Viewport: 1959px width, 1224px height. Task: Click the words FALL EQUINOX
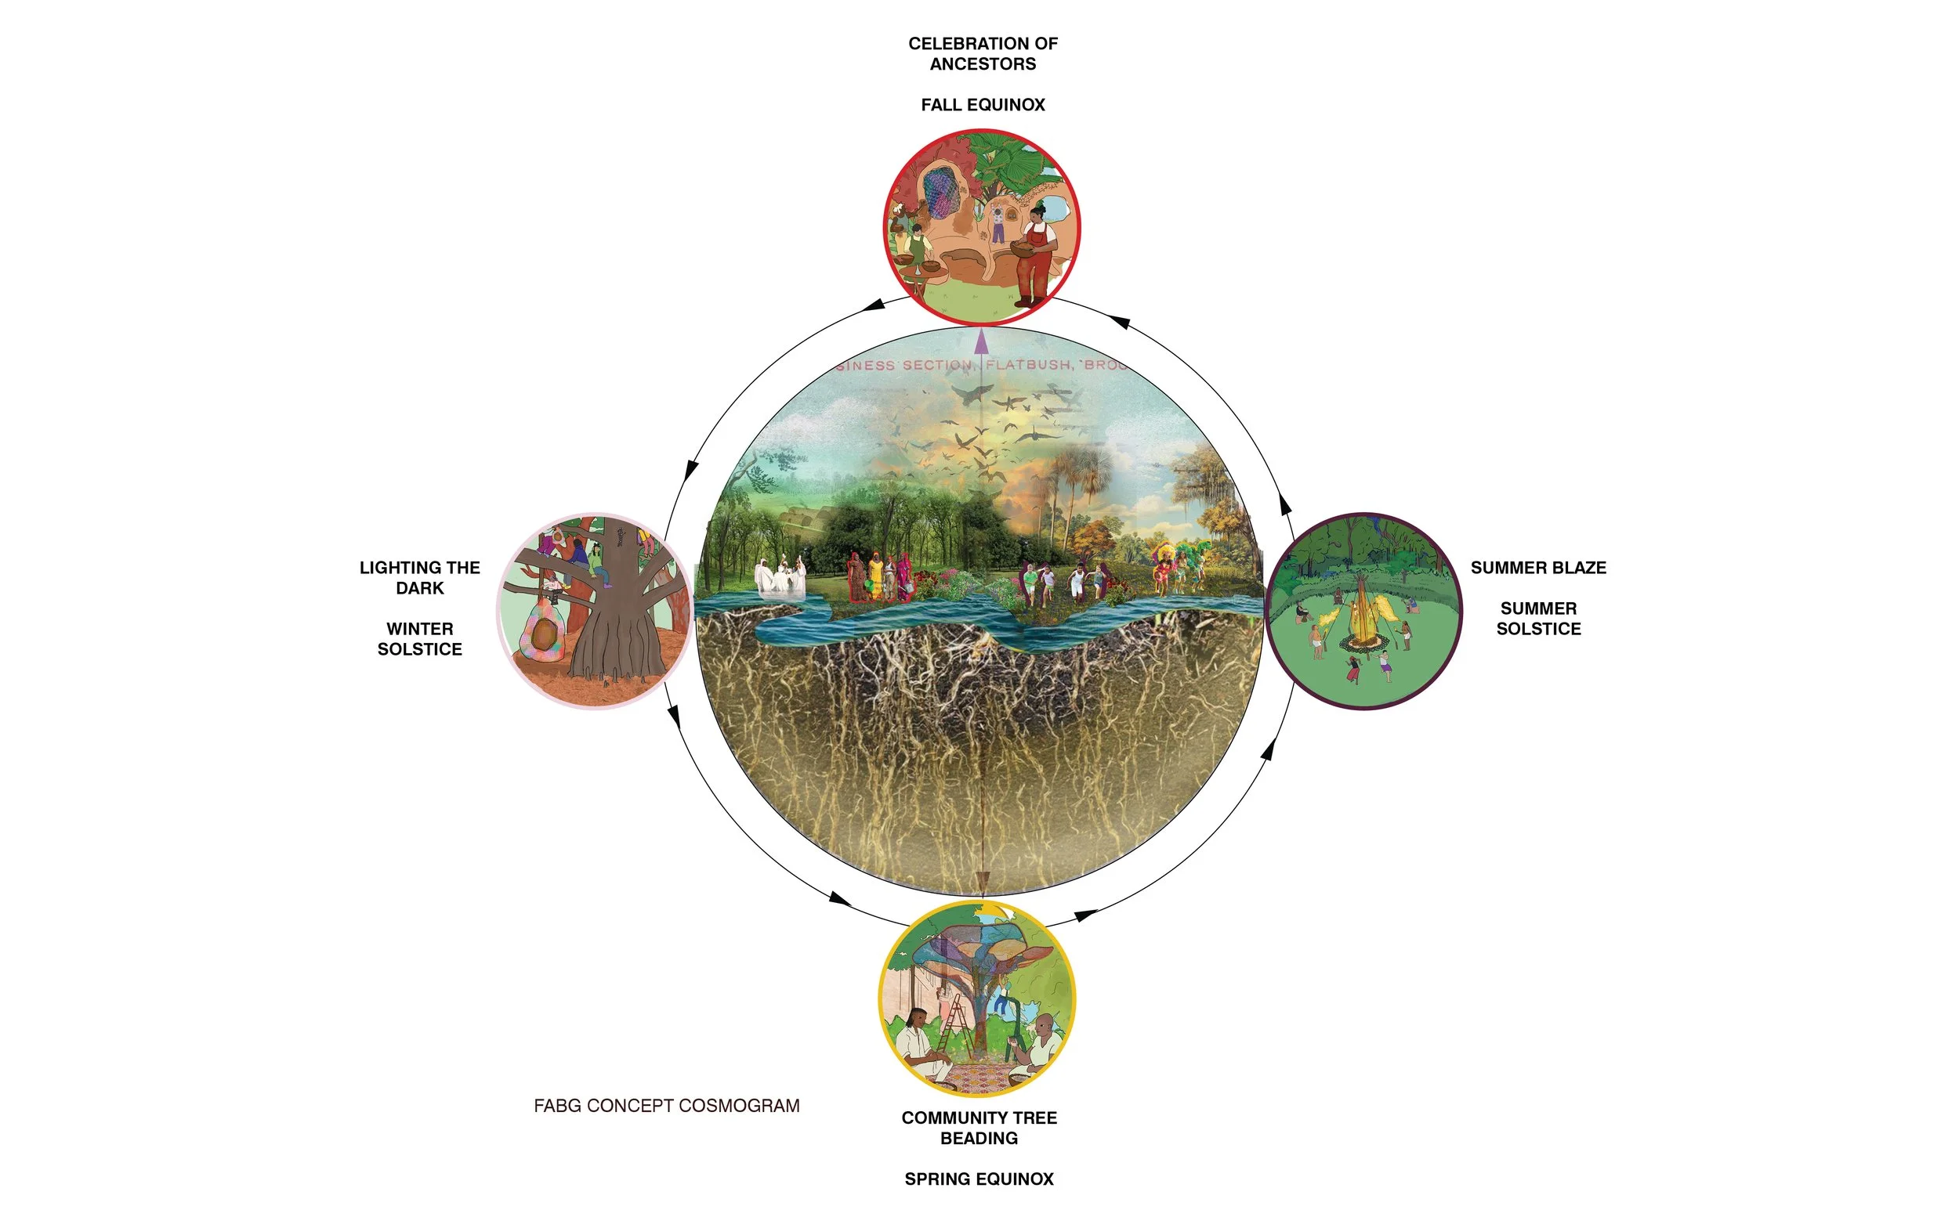coord(983,104)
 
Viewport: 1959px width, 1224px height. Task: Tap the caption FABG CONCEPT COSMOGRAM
coord(666,1105)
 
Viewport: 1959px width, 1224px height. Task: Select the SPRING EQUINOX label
coord(978,1179)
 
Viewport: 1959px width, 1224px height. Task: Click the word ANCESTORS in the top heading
coord(983,64)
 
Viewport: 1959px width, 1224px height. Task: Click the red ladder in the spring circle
coord(956,1024)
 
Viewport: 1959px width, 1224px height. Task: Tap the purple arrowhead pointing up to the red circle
coord(982,341)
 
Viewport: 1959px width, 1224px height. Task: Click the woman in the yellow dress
coord(876,576)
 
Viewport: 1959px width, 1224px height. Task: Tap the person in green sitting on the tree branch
coord(598,565)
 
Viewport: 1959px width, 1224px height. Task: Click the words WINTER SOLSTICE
coord(419,639)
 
